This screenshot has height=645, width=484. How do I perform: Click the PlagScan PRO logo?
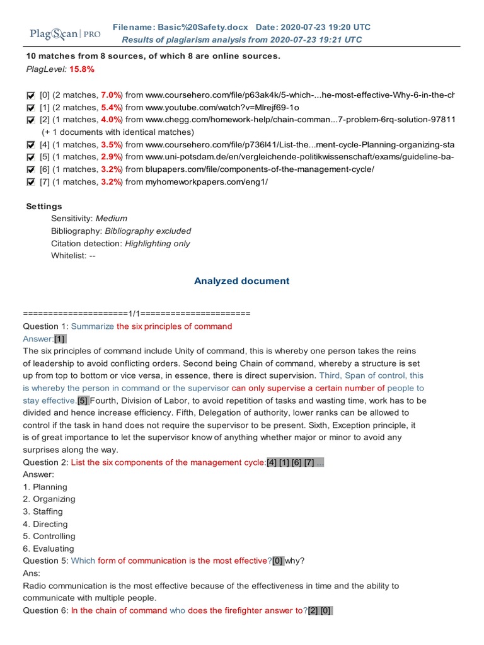click(x=65, y=33)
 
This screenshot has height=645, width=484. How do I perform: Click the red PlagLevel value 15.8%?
click(x=82, y=69)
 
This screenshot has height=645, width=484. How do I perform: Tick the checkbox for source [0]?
click(x=31, y=95)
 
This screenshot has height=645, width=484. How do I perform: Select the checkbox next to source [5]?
click(x=31, y=157)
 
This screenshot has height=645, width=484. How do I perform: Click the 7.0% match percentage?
click(x=112, y=95)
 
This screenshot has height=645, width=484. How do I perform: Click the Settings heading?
click(x=44, y=207)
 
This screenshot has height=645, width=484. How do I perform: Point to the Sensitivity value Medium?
click(x=112, y=219)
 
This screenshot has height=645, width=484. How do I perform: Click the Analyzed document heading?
click(x=242, y=281)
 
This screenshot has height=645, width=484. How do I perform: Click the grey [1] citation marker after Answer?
click(x=60, y=339)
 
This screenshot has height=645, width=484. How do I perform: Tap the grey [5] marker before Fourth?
click(x=83, y=401)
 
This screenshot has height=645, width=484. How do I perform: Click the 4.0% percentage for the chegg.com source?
click(x=112, y=120)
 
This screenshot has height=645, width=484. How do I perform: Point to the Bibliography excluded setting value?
click(x=147, y=231)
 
